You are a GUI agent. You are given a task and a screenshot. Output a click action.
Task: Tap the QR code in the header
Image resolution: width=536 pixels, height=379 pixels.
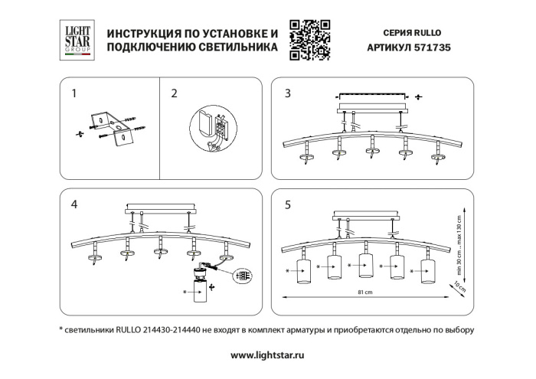click(x=309, y=40)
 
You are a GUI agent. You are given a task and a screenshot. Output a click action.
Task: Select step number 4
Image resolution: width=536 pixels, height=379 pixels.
click(x=74, y=204)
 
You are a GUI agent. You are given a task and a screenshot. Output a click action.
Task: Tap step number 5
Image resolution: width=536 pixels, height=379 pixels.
click(x=287, y=204)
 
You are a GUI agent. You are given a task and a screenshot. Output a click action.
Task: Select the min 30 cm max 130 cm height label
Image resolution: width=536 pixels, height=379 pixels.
click(x=462, y=238)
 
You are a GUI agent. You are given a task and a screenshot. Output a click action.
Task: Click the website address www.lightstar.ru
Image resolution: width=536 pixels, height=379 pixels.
click(x=267, y=355)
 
